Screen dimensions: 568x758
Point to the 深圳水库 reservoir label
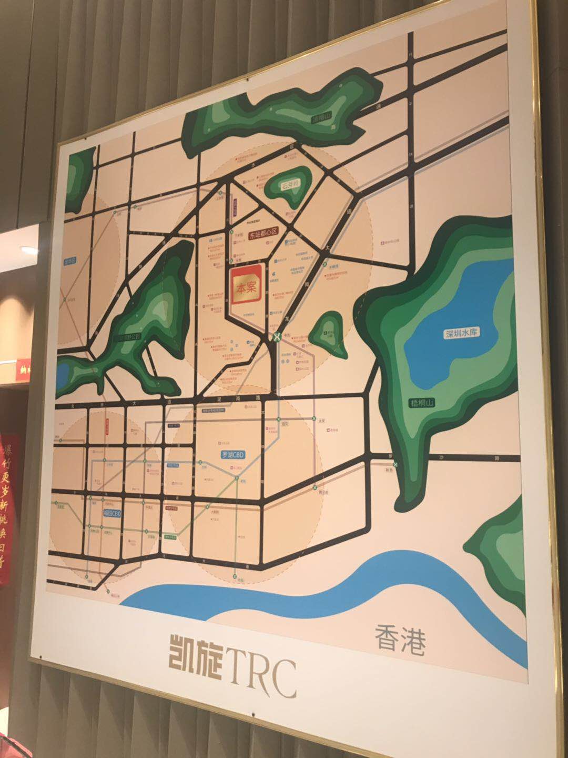pos(463,333)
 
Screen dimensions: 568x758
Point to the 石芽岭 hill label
pos(289,185)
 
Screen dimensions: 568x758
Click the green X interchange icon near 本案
pos(275,336)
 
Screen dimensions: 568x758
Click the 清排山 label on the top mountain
pos(323,119)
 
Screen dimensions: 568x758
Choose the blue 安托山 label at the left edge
pos(70,261)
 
